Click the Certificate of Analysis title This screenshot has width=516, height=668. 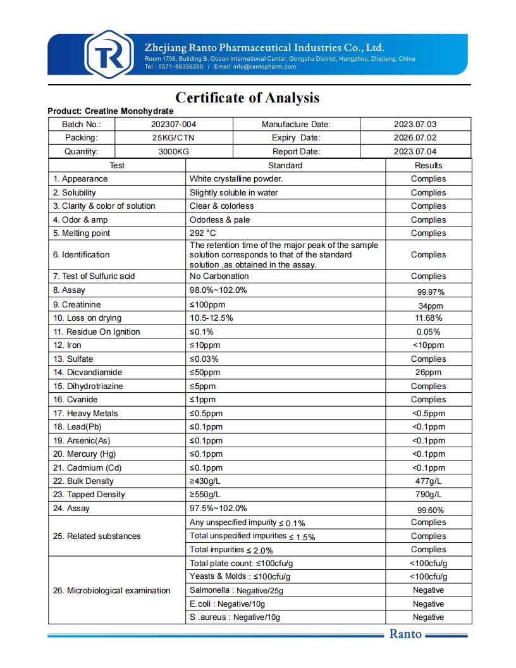[247, 98]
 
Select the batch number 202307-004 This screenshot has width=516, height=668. [169, 125]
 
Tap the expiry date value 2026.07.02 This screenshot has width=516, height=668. [415, 138]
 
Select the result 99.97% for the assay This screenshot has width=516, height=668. [431, 292]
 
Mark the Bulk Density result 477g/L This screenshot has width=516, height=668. [428, 481]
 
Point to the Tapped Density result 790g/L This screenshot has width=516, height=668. [428, 495]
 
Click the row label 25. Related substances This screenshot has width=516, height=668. [97, 536]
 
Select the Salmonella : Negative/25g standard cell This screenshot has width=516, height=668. [236, 591]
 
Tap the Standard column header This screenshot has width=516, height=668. [285, 166]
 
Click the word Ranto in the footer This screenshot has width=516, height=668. [405, 634]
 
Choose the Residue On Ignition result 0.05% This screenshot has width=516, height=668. [428, 332]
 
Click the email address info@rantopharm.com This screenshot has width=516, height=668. [264, 66]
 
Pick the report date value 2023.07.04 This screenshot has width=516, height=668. [415, 152]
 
